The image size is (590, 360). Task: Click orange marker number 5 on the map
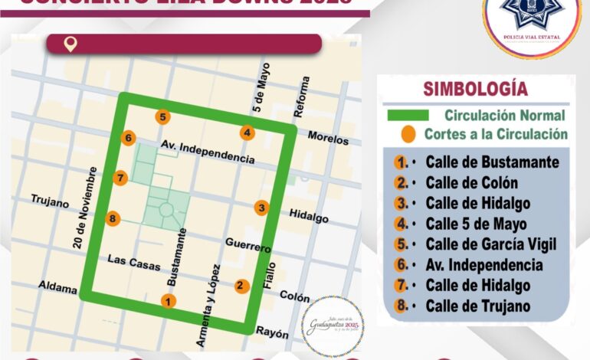pos(162,116)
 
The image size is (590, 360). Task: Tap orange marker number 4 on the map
pos(246,132)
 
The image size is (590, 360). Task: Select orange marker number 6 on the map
pos(128,138)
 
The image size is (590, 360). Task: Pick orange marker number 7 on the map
pos(120,178)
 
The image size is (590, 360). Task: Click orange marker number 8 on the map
pos(113,218)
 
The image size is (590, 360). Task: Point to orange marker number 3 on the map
pos(262,208)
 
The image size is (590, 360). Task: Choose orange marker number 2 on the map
pos(241,286)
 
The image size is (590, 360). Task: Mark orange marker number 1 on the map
pos(168,301)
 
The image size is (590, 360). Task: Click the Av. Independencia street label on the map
pos(208,152)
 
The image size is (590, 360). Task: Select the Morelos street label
pos(328,139)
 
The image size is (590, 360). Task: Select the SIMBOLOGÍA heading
pos(475,88)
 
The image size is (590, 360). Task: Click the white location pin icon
pos(70,44)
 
